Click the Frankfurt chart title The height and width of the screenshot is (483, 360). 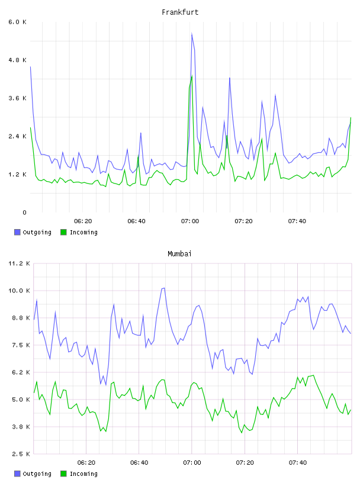point(180,12)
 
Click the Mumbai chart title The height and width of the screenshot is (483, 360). point(179,254)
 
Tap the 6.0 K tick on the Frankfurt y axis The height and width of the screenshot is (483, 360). point(17,22)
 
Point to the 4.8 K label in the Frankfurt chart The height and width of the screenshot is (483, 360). point(17,60)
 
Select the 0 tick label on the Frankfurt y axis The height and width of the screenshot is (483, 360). point(24,212)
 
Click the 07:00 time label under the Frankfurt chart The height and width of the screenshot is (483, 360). point(190,221)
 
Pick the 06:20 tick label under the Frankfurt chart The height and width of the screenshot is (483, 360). point(83,221)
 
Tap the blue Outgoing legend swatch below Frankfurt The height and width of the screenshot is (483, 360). point(17,232)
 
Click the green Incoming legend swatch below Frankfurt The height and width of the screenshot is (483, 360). point(63,232)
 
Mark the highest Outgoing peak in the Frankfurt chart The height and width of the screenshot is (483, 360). point(192,33)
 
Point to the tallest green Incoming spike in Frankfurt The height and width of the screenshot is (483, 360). point(192,76)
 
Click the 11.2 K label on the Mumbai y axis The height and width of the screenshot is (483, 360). point(19,263)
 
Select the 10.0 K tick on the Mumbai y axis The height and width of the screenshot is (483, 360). point(19,291)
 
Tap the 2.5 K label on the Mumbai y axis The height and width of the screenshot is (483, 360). point(19,454)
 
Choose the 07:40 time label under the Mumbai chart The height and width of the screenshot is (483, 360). point(298,463)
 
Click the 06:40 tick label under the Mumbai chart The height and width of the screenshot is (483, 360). point(139,463)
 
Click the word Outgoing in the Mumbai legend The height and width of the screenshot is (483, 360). point(37,474)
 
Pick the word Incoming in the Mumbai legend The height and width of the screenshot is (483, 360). point(83,474)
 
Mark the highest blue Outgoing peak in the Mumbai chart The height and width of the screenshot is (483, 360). point(164,288)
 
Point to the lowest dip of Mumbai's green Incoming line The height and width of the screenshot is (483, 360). point(242,433)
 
